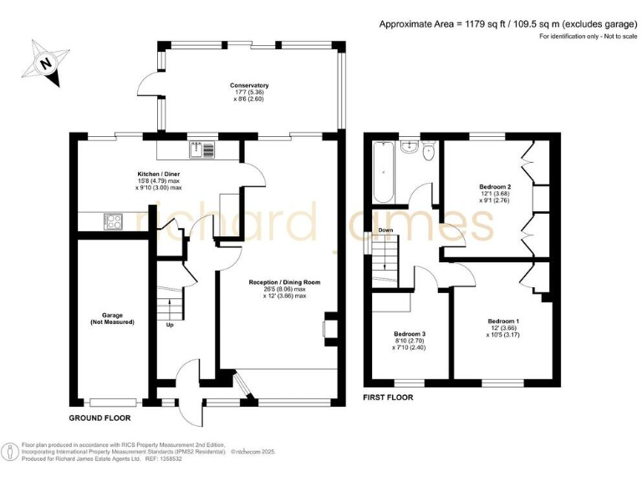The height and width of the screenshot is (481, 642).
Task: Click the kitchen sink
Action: (201, 149)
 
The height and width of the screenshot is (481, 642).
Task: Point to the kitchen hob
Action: (113, 221)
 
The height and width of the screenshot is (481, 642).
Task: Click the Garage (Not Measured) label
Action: (112, 318)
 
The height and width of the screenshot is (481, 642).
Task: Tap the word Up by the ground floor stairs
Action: (171, 324)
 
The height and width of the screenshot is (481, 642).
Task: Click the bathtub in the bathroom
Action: (383, 173)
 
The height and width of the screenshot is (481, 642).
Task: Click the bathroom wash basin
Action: (410, 148)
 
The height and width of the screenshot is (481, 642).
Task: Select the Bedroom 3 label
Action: (410, 338)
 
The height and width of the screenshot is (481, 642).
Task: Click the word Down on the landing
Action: (385, 230)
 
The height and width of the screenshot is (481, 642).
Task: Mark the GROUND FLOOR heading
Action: (99, 415)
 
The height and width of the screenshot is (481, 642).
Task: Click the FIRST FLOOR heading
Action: (388, 397)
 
